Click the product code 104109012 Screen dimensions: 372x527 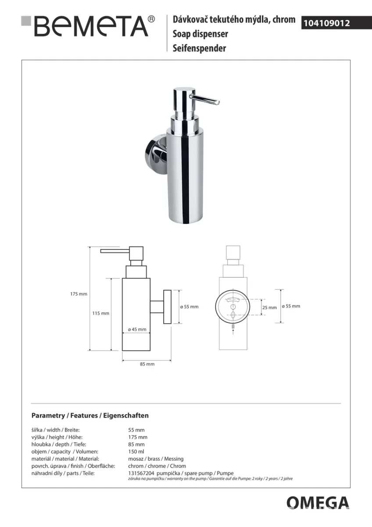coord(327,23)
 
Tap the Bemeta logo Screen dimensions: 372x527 coord(88,26)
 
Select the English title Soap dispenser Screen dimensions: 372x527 coord(200,34)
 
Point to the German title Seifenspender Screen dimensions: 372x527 coord(199,48)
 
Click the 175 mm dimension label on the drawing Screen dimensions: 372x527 coord(79,294)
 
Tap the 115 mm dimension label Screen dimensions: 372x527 coord(100,313)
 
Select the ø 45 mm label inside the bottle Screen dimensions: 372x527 coord(137,329)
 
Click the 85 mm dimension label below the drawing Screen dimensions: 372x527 coord(147,364)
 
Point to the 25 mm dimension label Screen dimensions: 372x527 coord(269,307)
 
